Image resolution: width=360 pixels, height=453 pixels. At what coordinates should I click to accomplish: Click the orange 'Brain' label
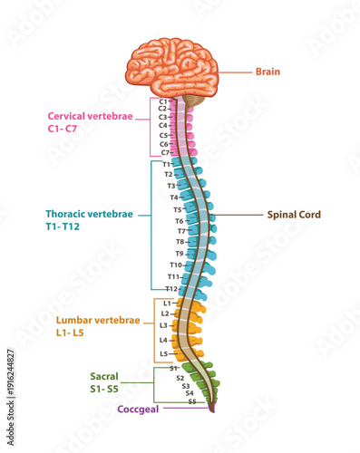coord(268,71)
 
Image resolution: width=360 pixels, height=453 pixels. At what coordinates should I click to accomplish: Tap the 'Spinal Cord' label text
coord(293,215)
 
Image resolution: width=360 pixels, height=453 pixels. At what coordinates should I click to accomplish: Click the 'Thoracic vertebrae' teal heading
coord(89,215)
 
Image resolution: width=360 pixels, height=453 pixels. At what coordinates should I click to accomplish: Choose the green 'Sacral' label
coord(104,375)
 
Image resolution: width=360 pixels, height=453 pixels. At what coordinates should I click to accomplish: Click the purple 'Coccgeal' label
coord(141,409)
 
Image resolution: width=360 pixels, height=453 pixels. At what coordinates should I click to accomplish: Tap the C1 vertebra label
coord(163,101)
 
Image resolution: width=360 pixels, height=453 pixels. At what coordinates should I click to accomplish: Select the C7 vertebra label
coord(164,152)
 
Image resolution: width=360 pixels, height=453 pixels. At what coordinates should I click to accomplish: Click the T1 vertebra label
coord(167,164)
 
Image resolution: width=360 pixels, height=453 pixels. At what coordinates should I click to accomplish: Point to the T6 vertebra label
coord(180,220)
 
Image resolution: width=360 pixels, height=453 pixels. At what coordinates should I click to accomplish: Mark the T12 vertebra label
coord(170,288)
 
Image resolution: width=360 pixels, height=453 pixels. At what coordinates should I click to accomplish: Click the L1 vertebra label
coord(167,303)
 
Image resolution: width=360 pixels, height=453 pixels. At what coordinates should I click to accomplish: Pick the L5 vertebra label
coord(164,353)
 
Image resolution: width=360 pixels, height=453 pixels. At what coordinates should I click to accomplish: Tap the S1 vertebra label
coord(172,368)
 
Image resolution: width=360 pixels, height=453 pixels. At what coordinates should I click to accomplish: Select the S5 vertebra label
coord(192,400)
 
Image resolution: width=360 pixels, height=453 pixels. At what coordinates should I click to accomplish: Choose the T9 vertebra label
coord(180,254)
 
